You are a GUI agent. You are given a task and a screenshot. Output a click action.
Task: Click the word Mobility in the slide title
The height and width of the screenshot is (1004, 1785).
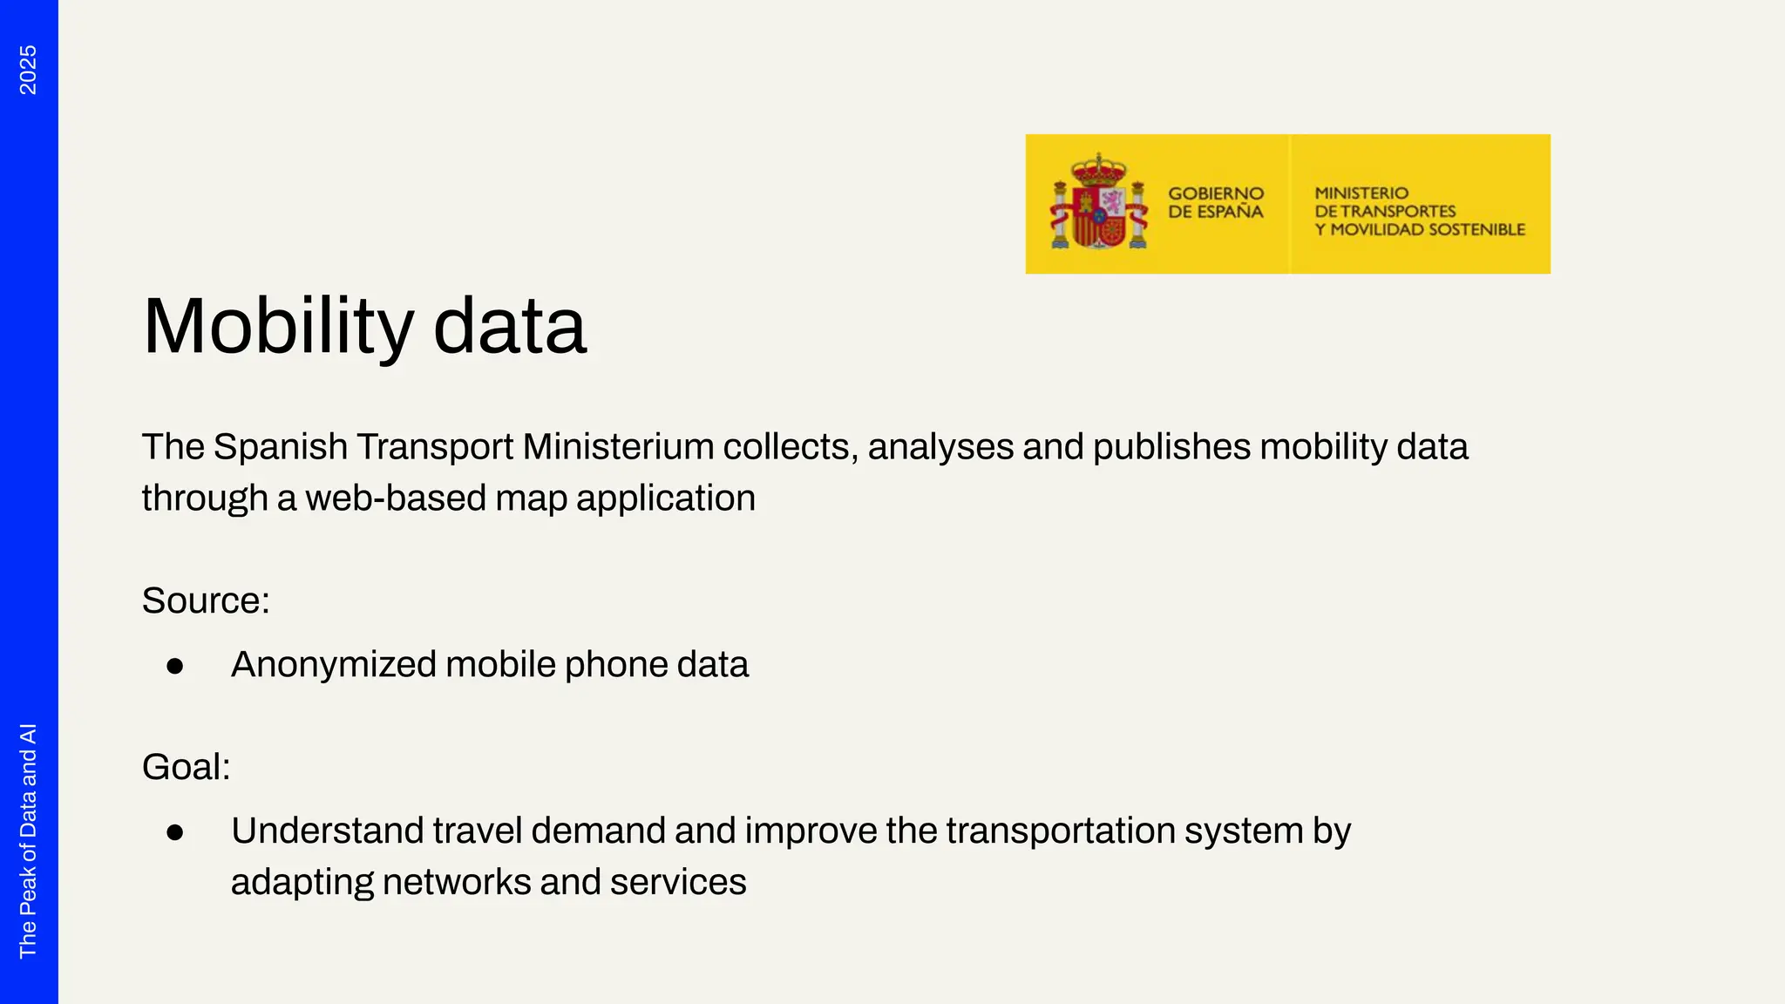tap(277, 327)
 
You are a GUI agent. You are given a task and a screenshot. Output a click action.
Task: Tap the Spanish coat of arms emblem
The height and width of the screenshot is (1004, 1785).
tap(1098, 204)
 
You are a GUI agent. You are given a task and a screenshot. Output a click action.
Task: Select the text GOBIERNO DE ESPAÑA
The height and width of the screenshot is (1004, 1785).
tap(1215, 202)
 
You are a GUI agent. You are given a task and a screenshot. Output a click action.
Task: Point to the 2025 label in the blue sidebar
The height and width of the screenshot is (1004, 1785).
tap(28, 70)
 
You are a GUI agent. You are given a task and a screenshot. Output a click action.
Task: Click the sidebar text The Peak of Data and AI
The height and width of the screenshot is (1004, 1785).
tap(28, 841)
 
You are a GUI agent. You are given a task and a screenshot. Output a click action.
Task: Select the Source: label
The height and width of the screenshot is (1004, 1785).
tap(206, 600)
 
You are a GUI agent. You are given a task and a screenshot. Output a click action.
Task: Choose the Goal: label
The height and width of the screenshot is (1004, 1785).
tap(186, 767)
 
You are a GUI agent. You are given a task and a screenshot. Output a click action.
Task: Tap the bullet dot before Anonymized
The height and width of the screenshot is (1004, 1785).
tap(175, 667)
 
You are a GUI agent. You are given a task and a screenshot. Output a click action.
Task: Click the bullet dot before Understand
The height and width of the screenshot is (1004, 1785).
tap(175, 833)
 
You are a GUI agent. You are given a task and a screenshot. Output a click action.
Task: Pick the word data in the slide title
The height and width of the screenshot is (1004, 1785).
tap(510, 327)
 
